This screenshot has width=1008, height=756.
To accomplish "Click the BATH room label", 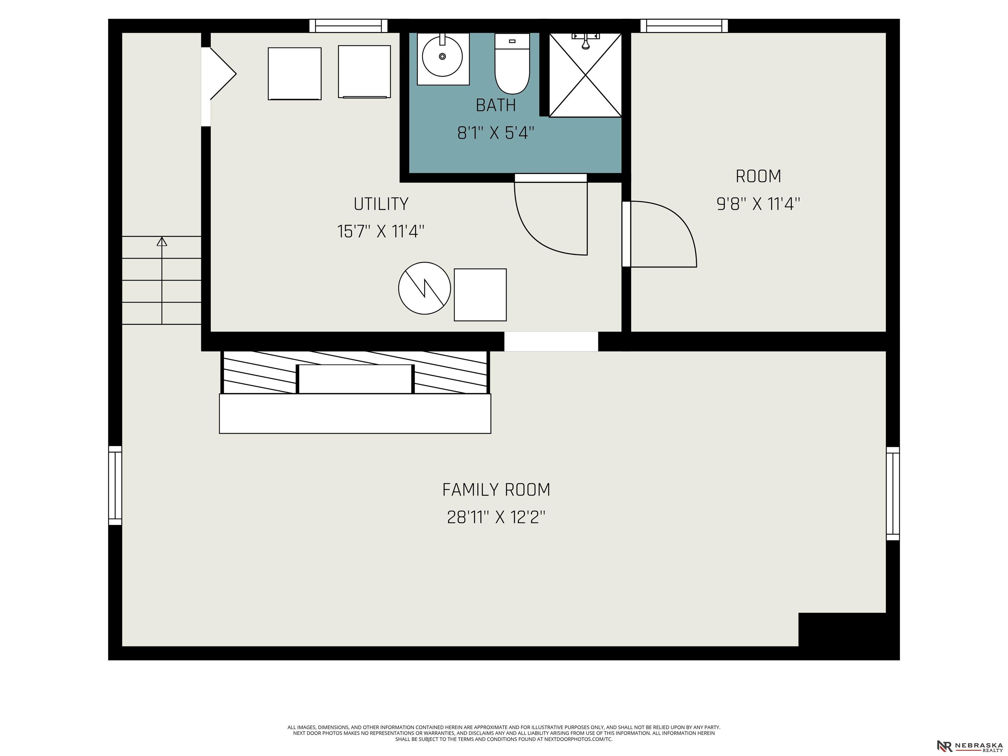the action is pos(496,105).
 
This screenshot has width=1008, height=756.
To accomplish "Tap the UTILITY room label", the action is pos(381,204).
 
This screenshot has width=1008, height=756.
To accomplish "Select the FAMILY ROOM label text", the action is pos(496,490).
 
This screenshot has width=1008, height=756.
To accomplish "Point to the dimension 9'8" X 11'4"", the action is pos(758,204).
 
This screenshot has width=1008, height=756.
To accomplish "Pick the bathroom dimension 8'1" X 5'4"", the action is pos(496,133).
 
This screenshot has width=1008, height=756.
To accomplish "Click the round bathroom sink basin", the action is pos(443,56).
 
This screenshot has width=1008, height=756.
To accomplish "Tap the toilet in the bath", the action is pos(512,64).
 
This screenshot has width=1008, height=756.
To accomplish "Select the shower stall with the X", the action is pos(585,75).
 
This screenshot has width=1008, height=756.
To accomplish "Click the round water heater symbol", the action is pos(425,288).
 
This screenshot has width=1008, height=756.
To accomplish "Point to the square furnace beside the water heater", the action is pos(480,295).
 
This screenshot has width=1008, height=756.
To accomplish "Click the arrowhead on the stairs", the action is pos(162,241).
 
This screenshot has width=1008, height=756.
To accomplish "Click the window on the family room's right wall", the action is pos(893,493).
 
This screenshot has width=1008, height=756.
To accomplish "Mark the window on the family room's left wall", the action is pos(115,485).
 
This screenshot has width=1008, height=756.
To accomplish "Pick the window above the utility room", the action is pos(348,26).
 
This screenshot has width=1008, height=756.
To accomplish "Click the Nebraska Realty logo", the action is pos(970,745).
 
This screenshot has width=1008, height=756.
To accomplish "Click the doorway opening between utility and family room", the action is pos(551,341).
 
